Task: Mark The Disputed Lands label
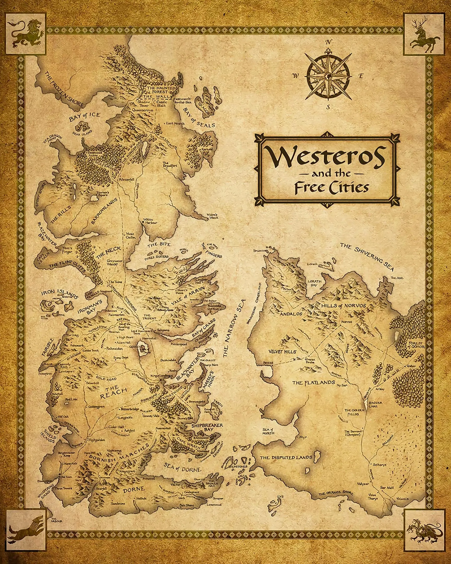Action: coord(286,465)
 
